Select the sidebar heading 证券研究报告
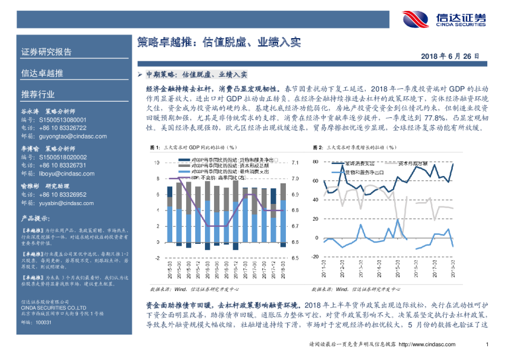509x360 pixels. [47, 51]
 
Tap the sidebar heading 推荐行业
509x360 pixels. [38, 95]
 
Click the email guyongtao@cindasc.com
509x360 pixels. [59, 137]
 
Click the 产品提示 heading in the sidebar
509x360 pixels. [35, 218]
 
